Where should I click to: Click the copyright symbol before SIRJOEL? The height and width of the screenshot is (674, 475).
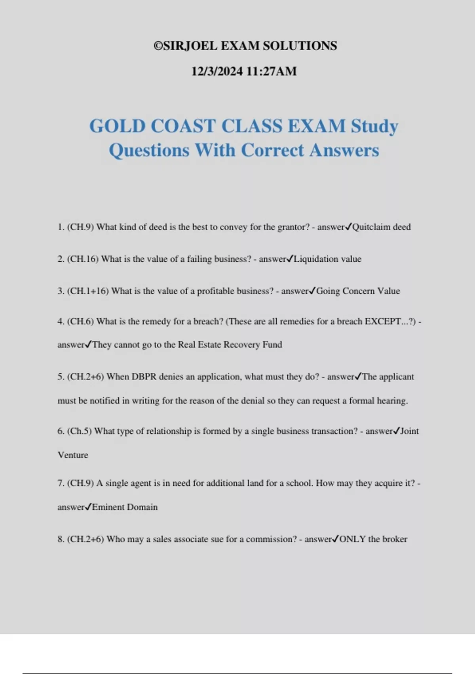[158, 46]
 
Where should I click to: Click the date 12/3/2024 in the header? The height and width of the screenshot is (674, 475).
[217, 71]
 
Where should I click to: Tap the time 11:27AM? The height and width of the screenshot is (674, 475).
[272, 71]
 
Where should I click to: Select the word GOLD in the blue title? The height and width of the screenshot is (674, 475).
[118, 126]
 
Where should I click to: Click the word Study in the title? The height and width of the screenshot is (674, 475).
[374, 126]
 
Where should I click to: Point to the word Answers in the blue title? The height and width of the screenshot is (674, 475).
[344, 150]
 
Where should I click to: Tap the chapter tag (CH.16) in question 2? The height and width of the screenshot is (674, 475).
[83, 259]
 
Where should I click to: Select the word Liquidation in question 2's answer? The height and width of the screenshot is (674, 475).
[316, 259]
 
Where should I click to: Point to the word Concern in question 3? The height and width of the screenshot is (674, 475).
[358, 291]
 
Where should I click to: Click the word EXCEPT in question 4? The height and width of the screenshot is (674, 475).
[383, 322]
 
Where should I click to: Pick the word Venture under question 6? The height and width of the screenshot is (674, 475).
[73, 455]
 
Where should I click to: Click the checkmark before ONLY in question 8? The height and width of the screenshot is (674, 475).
[335, 539]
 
